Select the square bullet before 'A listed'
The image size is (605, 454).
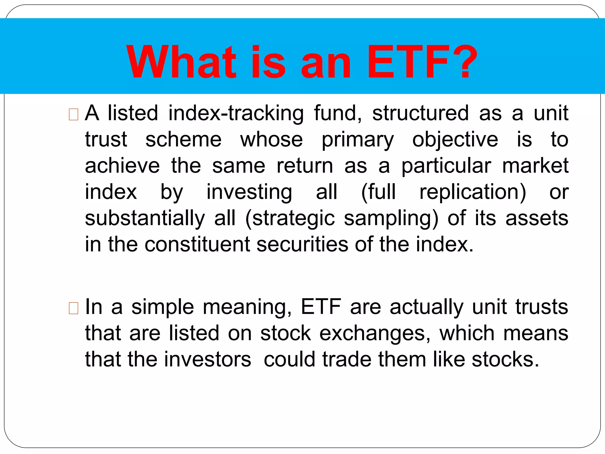[73, 114]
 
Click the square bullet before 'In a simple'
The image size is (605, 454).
[73, 308]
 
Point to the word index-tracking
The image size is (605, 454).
[236, 114]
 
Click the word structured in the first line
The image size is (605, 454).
[420, 113]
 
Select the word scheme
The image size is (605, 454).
[183, 140]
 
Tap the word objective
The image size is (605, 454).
[455, 140]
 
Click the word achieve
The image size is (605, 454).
[122, 166]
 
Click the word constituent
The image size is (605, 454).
[197, 244]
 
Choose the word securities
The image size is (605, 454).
[302, 244]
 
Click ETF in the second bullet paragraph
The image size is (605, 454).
[321, 307]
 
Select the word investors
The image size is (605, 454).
[207, 359]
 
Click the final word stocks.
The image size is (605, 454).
[505, 359]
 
